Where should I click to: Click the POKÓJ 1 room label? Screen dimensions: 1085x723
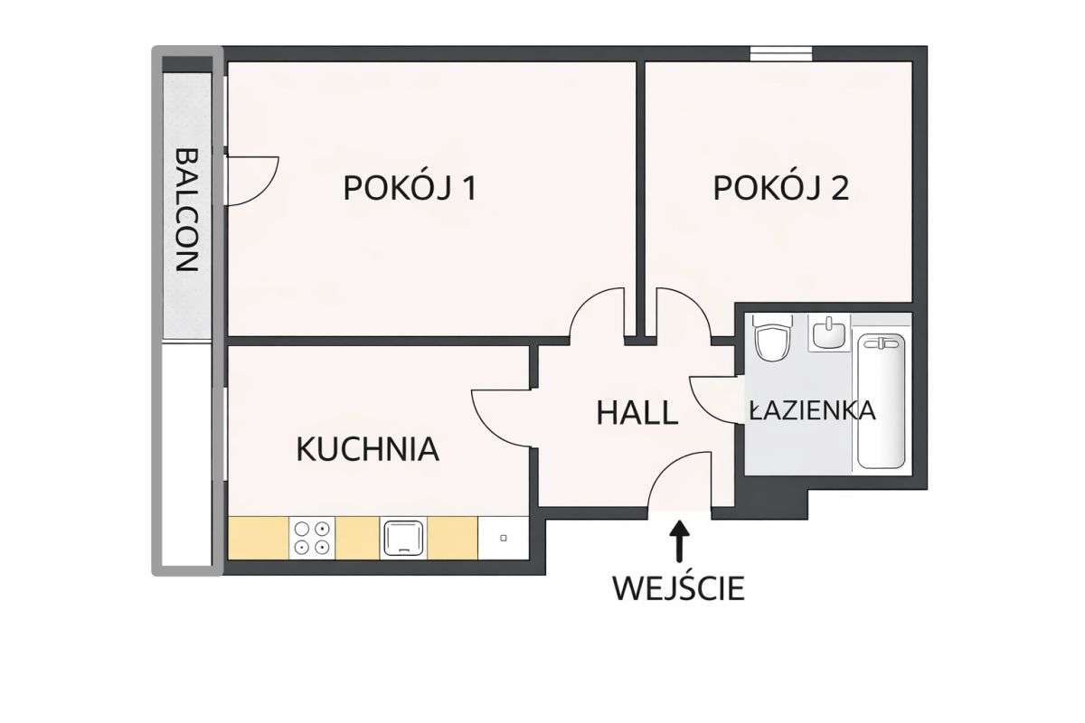click(410, 188)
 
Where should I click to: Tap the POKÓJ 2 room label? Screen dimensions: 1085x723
click(781, 188)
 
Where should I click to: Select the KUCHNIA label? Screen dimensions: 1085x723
click(368, 449)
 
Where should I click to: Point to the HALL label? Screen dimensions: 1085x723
click(637, 413)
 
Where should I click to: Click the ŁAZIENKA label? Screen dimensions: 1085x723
click(813, 410)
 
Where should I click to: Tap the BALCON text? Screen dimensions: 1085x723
click(186, 210)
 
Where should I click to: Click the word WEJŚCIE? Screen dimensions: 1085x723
click(679, 588)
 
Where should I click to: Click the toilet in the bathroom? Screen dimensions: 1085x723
click(773, 337)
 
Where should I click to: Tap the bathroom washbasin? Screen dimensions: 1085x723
click(829, 333)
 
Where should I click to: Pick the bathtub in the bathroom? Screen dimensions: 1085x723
click(881, 401)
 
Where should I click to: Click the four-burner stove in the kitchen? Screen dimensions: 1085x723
click(312, 538)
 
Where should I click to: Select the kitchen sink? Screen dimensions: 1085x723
click(404, 538)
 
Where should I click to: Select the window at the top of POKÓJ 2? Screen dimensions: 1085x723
click(781, 53)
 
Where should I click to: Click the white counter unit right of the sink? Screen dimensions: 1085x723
click(504, 538)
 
